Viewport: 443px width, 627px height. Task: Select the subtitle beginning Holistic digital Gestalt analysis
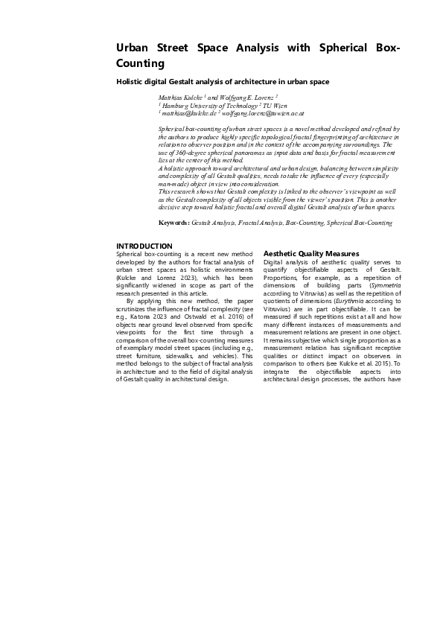[x=223, y=81]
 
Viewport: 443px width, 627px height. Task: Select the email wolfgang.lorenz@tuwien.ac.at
[x=267, y=114]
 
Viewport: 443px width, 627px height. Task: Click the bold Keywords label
[x=174, y=223]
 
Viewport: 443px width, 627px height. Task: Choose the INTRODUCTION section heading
[x=144, y=246]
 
